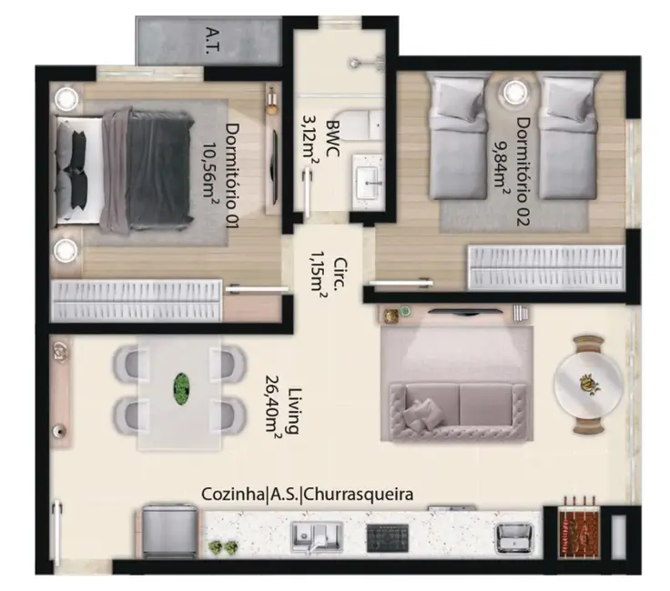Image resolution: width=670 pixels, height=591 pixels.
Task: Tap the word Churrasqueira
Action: click(x=359, y=495)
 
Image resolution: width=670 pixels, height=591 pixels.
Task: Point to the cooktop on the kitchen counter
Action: click(x=387, y=536)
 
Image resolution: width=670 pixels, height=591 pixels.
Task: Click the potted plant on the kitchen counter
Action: click(x=224, y=547)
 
